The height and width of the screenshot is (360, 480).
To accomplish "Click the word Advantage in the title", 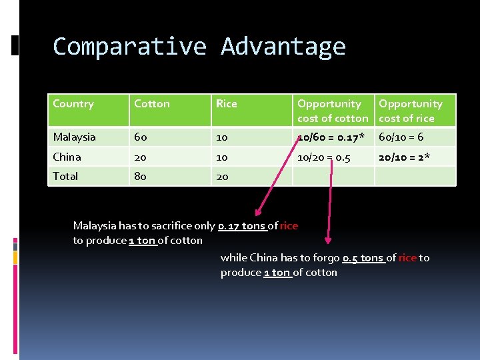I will pyautogui.click(x=283, y=47).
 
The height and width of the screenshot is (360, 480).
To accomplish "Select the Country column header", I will pyautogui.click(x=73, y=104).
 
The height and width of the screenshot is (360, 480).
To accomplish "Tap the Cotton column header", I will pyautogui.click(x=152, y=104).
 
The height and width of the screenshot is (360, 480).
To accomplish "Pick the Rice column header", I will pyautogui.click(x=227, y=104).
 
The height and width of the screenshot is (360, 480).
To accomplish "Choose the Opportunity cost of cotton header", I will pyautogui.click(x=333, y=111).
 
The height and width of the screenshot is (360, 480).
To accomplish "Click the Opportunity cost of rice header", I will pyautogui.click(x=410, y=111).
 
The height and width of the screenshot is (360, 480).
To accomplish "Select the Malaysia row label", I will pyautogui.click(x=75, y=137).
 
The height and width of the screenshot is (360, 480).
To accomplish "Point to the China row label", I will pyautogui.click(x=67, y=157).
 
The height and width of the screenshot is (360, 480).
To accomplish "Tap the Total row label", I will pyautogui.click(x=66, y=177).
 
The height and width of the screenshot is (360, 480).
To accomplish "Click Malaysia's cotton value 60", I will pyautogui.click(x=141, y=137).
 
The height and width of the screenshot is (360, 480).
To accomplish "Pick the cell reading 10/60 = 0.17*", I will pyautogui.click(x=331, y=137).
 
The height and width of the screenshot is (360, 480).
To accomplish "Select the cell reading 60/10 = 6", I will pyautogui.click(x=401, y=137).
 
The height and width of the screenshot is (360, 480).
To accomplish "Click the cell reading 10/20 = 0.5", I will pyautogui.click(x=324, y=157).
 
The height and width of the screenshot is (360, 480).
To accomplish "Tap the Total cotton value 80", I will pyautogui.click(x=141, y=177).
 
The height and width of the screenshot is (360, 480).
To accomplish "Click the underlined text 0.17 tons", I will pyautogui.click(x=242, y=226).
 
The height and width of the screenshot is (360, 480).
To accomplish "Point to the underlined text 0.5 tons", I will pyautogui.click(x=363, y=258).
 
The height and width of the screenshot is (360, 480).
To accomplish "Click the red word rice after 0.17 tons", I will pyautogui.click(x=289, y=226).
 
